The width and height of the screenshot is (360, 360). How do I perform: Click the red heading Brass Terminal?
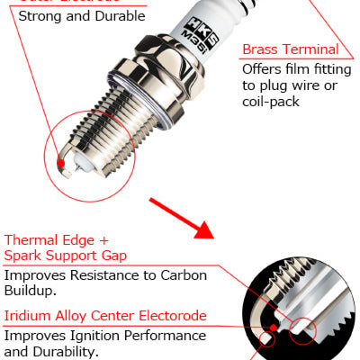(x=290, y=49)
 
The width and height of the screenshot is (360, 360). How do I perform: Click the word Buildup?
(x=31, y=292)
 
